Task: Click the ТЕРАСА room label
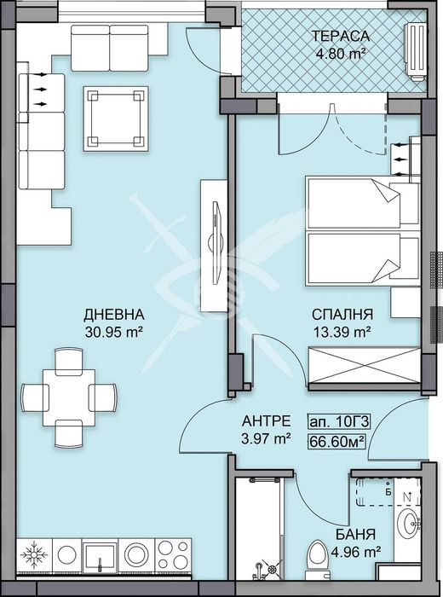[340, 36]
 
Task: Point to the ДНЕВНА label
[107, 314]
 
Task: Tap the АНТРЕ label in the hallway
[267, 421]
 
